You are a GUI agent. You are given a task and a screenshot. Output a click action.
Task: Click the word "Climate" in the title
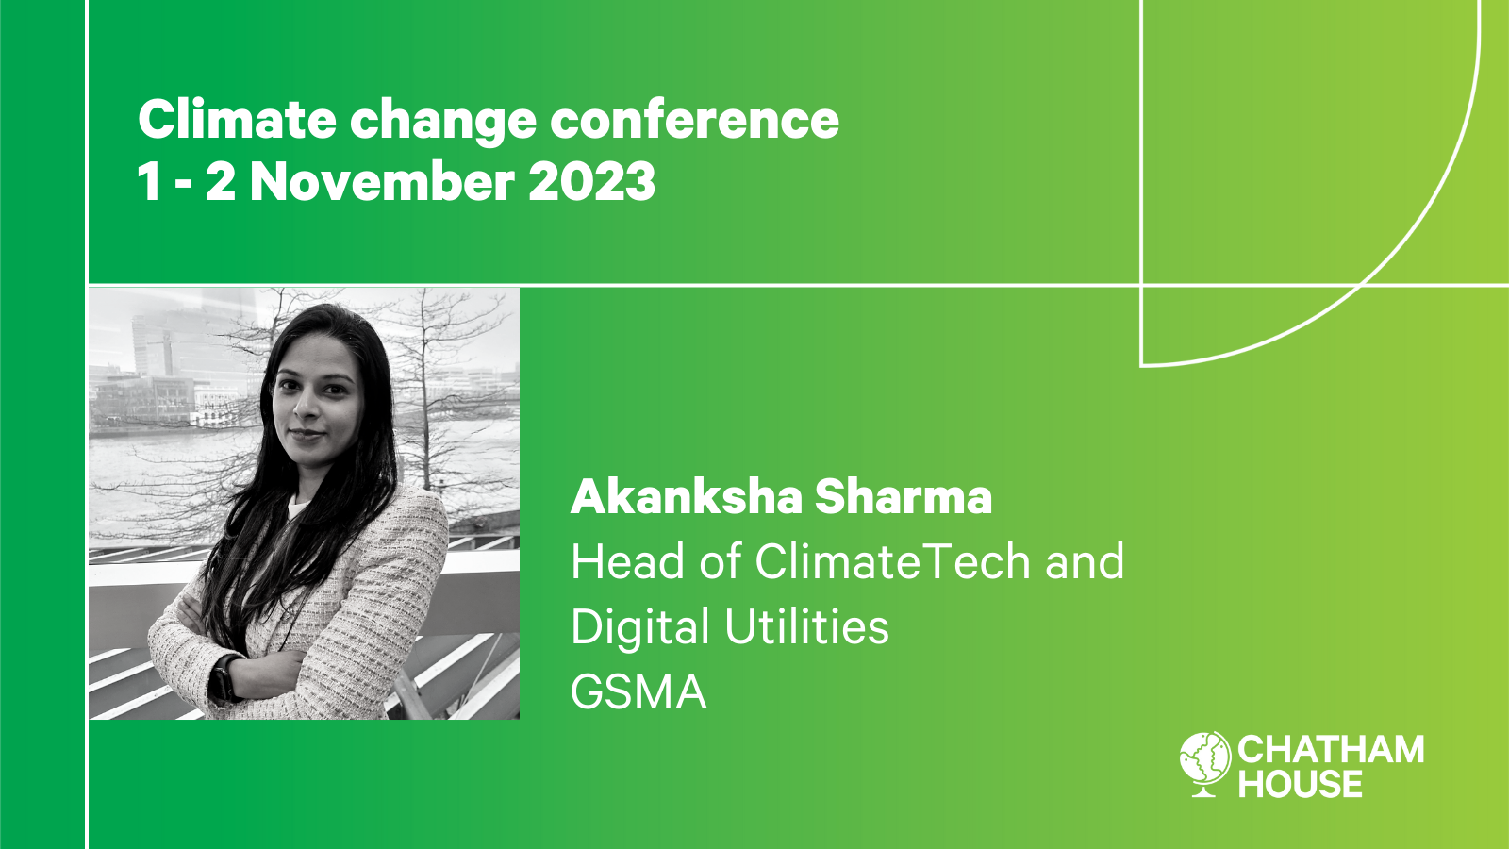point(237,120)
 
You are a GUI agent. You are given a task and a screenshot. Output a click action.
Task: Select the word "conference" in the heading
point(694,120)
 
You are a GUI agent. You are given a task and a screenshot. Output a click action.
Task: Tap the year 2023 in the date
point(591,182)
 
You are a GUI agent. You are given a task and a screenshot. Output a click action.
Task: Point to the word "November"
point(382,182)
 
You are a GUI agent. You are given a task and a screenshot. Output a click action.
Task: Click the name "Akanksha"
point(686,497)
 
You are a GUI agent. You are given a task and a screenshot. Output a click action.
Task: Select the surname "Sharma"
point(904,497)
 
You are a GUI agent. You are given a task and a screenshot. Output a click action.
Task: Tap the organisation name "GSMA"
point(638,692)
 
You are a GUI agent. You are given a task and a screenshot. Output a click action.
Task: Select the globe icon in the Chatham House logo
point(1205,762)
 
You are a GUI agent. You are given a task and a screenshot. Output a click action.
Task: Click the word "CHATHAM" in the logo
point(1331,750)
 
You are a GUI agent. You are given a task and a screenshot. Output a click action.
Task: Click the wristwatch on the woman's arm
point(224,677)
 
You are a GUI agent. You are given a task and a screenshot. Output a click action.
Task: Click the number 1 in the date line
point(148,182)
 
